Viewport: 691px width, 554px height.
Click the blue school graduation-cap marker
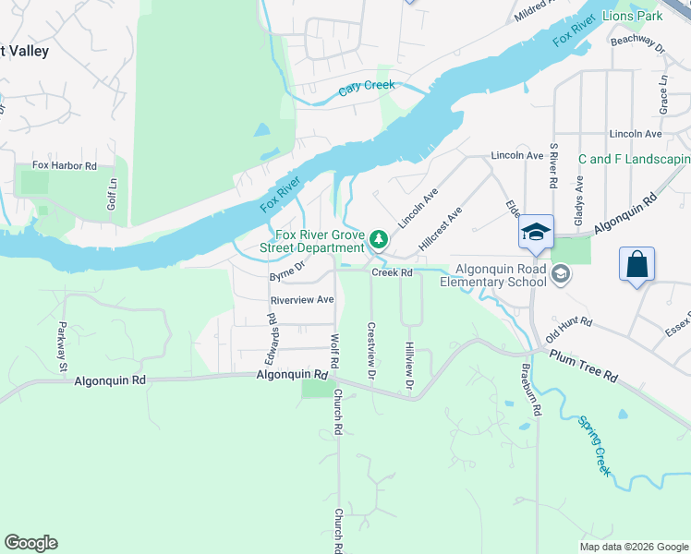pos(535,233)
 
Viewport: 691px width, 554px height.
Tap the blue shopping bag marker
pos(636,265)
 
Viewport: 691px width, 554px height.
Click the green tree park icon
pos(378,241)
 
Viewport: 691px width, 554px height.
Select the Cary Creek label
pos(366,87)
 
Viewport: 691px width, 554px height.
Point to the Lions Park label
pos(633,17)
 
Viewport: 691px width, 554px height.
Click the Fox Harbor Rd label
pos(65,165)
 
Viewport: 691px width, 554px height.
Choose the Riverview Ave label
pos(301,300)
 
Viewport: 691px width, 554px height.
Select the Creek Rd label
pos(391,272)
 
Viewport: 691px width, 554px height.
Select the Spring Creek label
pos(595,447)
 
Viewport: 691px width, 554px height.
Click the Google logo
pos(30,542)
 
